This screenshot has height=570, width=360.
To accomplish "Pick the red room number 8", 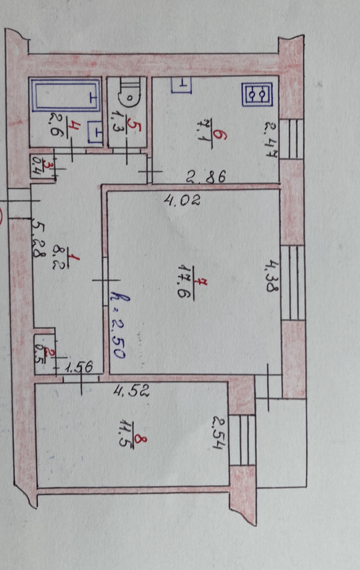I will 143,442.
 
